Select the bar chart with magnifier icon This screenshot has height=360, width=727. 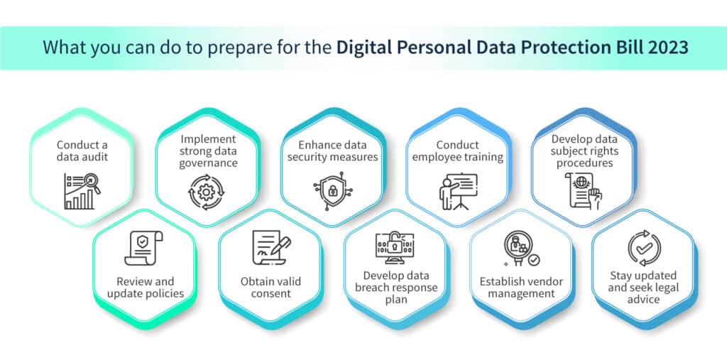[82, 191]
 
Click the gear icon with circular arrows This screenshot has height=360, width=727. [207, 192]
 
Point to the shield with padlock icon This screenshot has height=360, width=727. [332, 191]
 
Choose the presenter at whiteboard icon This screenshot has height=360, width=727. [458, 191]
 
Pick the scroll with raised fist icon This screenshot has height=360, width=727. [584, 191]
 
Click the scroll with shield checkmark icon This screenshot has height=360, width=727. [144, 249]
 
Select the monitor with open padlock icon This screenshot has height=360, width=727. [395, 249]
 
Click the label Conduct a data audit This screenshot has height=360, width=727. [82, 151]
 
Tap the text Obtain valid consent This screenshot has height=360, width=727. [270, 287]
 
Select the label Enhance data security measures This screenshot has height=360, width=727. [332, 151]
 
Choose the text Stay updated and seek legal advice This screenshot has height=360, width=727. [643, 287]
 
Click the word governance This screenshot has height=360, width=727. [208, 163]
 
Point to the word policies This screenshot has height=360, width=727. [165, 293]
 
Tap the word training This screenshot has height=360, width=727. [482, 157]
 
